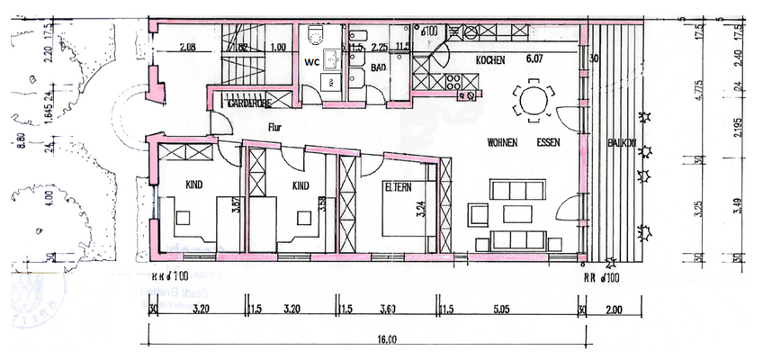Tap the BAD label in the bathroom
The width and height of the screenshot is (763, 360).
click(x=378, y=67)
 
